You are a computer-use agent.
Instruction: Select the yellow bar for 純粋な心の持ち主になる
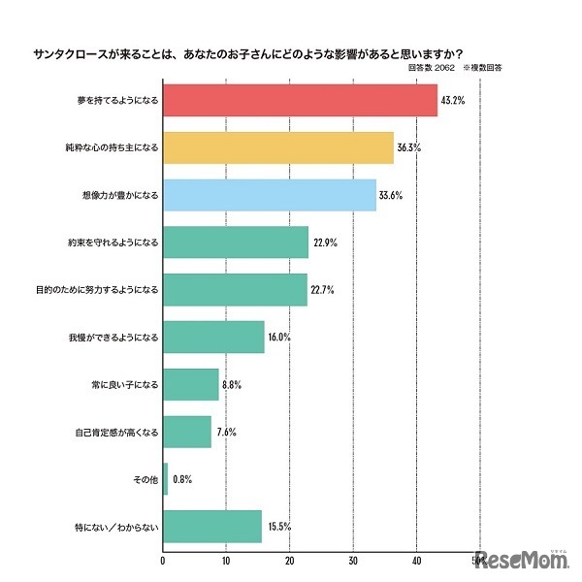278,147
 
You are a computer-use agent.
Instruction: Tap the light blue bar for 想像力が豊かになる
270,195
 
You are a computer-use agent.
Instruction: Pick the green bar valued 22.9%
236,242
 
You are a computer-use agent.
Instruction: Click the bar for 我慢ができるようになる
213,337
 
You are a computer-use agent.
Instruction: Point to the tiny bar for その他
165,479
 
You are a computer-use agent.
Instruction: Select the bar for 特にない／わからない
212,527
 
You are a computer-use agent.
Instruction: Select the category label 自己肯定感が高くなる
116,432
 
